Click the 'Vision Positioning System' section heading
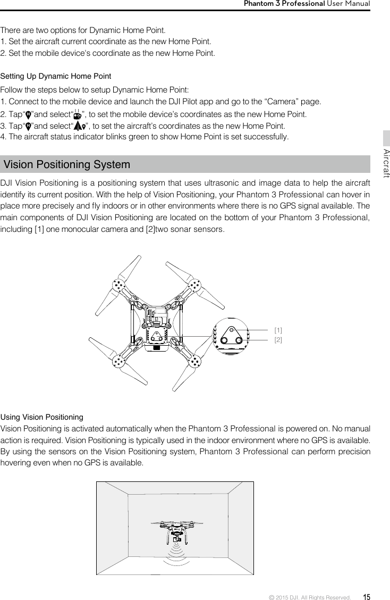67,164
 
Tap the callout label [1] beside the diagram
278,330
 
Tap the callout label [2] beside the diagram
278,339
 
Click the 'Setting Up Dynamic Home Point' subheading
56,77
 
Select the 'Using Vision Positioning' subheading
42,416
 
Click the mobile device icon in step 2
78,115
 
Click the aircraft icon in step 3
80,127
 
